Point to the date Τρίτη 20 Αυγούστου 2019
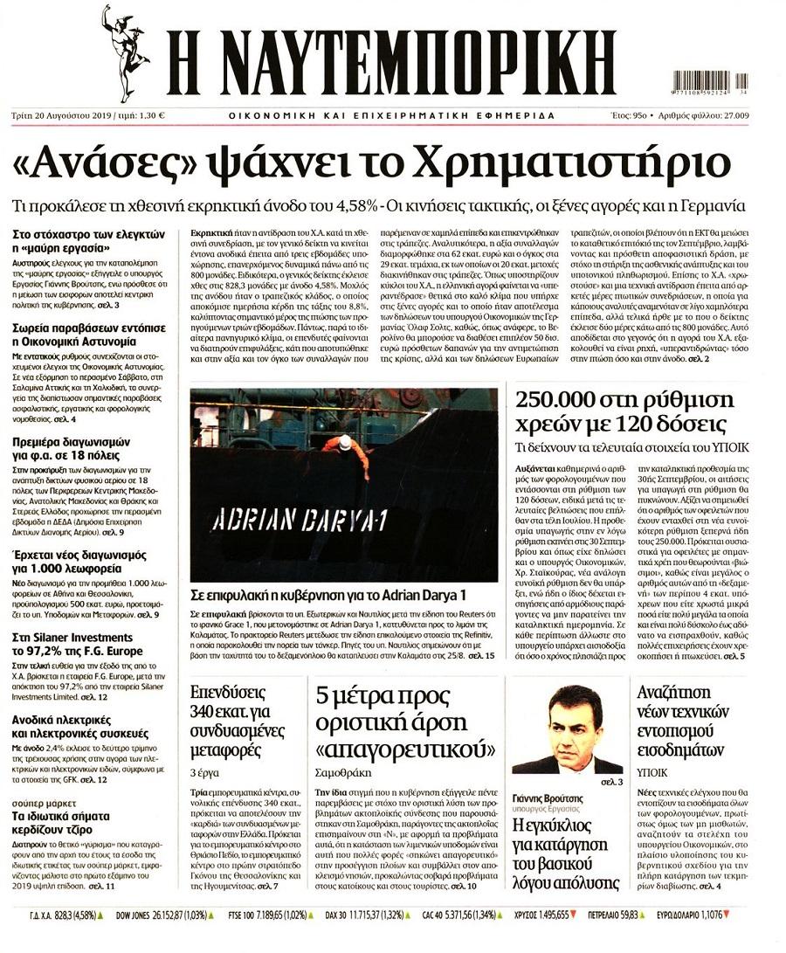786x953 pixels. tap(77, 114)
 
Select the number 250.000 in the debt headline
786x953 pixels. tap(567, 401)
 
